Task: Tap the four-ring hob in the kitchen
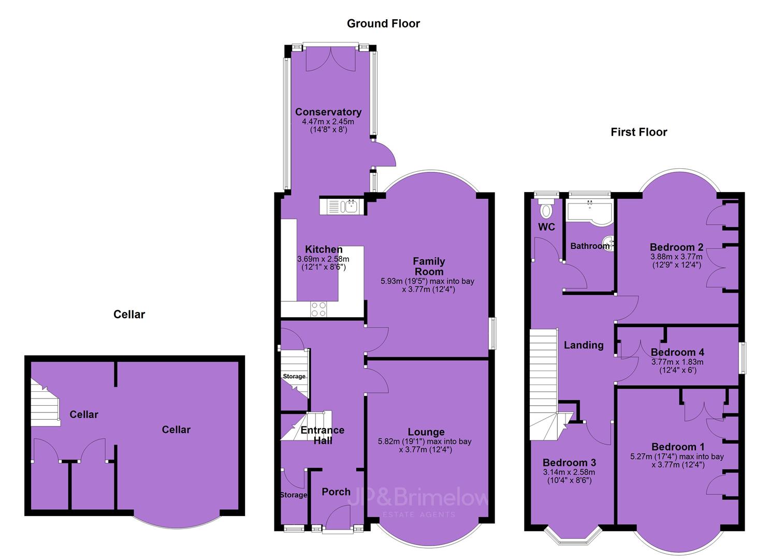(318, 309)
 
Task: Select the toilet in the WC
(546, 210)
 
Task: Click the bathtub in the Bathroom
(589, 213)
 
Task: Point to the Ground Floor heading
(383, 23)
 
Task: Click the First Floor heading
(639, 132)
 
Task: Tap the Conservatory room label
(328, 112)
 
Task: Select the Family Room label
(429, 266)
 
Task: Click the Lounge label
(426, 432)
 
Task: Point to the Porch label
(336, 492)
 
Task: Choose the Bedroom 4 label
(677, 352)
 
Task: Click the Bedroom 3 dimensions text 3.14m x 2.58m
(569, 472)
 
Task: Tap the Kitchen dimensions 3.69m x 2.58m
(323, 259)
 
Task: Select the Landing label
(584, 345)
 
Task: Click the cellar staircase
(46, 403)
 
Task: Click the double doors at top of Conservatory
(330, 59)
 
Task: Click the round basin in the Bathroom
(608, 243)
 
